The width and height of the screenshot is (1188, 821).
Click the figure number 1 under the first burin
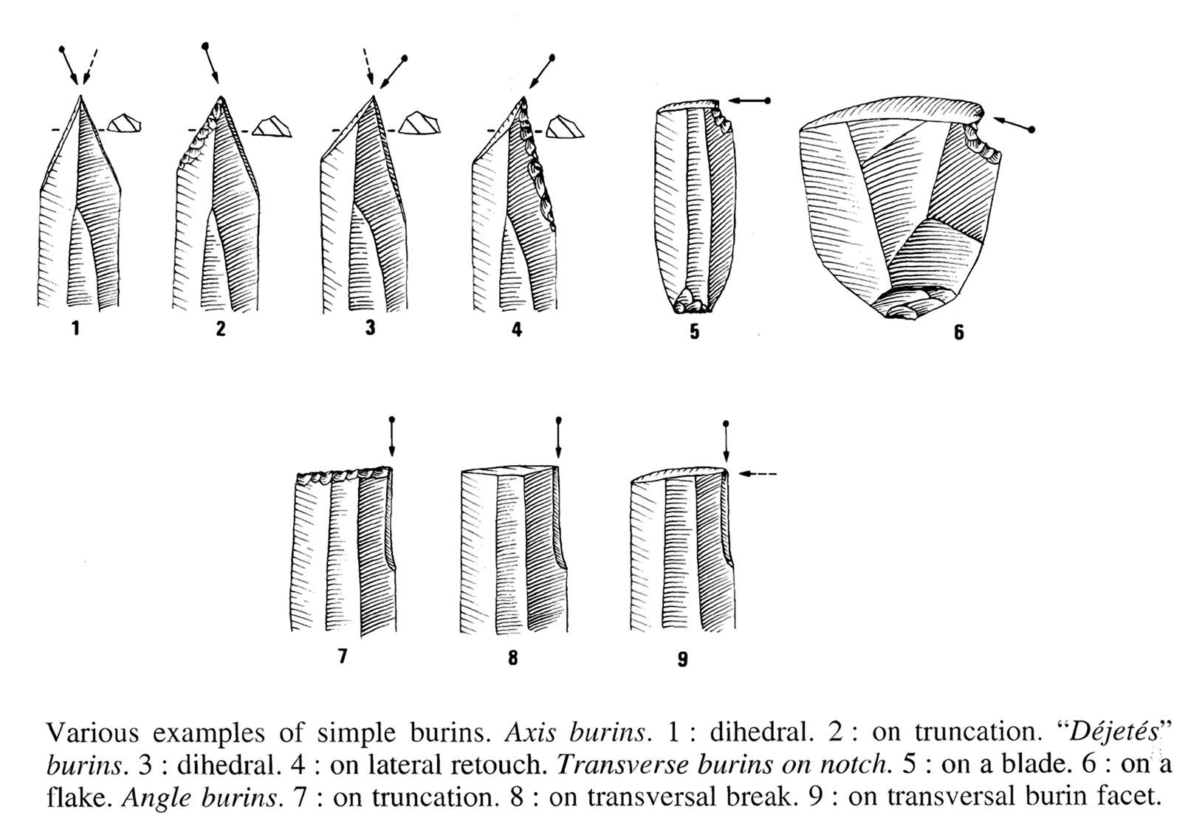[76, 329]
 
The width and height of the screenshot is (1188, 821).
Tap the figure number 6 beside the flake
[959, 332]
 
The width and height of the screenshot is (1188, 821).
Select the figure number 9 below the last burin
[683, 659]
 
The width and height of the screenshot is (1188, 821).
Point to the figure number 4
[517, 329]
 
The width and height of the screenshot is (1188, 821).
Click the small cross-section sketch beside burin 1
[124, 123]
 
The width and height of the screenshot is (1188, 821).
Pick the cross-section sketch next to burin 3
[419, 123]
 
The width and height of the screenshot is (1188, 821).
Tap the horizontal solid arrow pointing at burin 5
[749, 100]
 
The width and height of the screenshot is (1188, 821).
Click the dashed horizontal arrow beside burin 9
[758, 473]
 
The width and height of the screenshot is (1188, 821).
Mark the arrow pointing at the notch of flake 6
[1012, 123]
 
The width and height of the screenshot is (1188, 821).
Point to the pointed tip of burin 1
[80, 96]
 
